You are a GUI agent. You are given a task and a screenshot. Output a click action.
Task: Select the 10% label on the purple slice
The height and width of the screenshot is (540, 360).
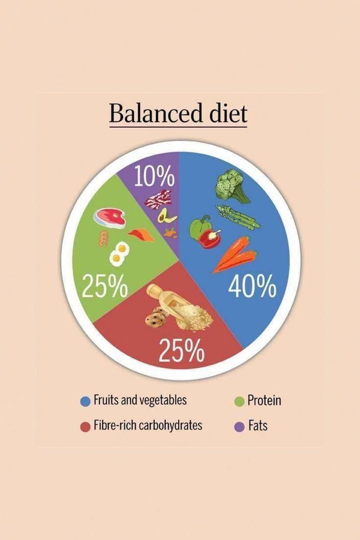pos(155,177)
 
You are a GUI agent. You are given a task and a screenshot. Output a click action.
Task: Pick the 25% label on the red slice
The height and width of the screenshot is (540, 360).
pos(181,350)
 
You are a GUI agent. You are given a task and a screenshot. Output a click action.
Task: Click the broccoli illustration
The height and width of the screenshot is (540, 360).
pos(231,185)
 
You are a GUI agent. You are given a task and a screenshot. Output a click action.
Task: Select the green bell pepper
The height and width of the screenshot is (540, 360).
pos(199,227)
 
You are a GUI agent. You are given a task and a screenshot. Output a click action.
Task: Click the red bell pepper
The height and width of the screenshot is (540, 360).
pos(210,238)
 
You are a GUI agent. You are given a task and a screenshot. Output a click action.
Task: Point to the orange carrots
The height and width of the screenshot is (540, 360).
pos(235,254)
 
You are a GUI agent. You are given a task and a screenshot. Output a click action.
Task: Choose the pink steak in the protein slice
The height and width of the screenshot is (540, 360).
pos(110,217)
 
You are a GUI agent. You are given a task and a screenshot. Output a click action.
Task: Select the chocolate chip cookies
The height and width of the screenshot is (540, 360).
pos(156,317)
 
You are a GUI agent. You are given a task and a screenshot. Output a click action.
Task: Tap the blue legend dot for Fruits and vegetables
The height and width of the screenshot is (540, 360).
pos(86,401)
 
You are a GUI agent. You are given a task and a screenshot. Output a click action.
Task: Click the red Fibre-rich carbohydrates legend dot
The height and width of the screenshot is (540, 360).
pos(86,426)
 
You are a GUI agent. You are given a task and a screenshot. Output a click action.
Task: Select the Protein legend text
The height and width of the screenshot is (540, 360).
pos(264,401)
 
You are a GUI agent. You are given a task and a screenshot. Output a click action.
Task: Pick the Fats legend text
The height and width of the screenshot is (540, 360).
pos(257,426)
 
